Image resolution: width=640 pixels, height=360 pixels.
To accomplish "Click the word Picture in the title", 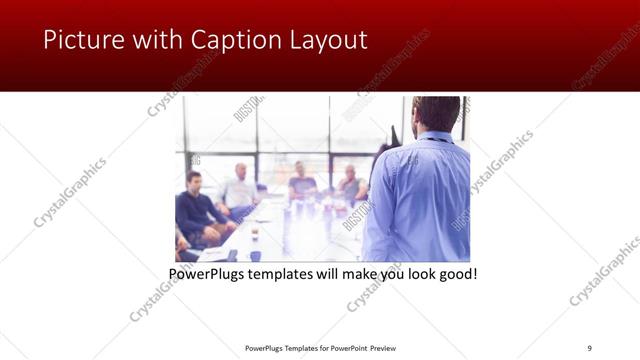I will (76, 40).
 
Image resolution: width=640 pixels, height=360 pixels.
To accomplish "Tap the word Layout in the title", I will (330, 40).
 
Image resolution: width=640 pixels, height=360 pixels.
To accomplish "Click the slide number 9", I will (590, 347).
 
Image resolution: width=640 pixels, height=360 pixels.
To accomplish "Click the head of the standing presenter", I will (435, 114).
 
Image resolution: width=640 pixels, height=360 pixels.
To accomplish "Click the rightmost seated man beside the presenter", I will (351, 186).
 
